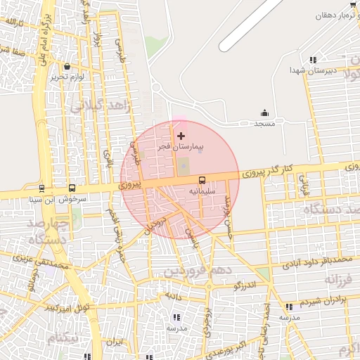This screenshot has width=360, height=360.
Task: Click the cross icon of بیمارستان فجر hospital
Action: click(181, 135)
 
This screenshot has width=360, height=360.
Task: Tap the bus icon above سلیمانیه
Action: click(202, 180)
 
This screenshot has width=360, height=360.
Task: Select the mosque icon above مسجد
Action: click(264, 112)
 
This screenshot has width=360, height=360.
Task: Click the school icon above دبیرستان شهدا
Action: click(313, 60)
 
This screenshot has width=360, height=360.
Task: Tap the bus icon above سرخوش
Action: click(72, 188)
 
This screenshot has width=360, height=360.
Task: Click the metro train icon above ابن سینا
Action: click(42, 188)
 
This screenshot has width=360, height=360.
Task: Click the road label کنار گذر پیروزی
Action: click(266, 169)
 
